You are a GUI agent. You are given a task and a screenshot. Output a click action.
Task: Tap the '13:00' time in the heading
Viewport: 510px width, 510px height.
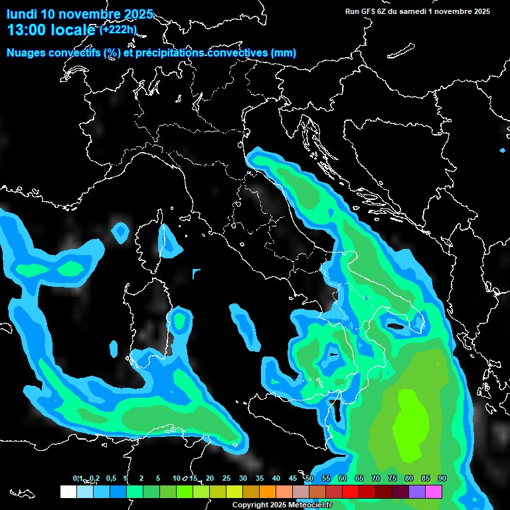point(27,30)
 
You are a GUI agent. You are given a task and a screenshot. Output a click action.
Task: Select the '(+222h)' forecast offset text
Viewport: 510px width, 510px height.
point(118,29)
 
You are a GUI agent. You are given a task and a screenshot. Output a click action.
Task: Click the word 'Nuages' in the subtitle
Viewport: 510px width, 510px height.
point(27,53)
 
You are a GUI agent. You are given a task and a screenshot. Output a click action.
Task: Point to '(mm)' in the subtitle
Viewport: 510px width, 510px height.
point(284,53)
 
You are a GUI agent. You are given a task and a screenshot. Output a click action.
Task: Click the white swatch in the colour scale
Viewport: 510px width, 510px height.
point(68,491)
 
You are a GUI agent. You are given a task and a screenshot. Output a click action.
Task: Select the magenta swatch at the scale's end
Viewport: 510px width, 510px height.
point(434,491)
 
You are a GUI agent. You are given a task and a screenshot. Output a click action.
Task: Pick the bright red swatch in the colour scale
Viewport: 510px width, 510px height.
point(351,491)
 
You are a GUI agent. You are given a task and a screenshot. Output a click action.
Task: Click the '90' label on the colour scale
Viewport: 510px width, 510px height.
point(442,479)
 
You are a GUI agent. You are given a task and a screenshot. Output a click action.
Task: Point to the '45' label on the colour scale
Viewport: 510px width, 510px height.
point(293,479)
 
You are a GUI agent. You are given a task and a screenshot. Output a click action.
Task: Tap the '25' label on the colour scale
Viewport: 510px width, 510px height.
point(226,479)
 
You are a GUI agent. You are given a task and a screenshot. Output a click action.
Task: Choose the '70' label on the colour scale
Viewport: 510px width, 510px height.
point(376,479)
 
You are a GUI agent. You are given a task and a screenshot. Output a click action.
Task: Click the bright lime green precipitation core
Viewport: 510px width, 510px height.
point(410,425)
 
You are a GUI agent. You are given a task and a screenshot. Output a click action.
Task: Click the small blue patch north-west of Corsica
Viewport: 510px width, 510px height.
point(120,232)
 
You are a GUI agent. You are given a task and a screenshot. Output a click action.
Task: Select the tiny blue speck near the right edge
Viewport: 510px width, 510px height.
point(503,151)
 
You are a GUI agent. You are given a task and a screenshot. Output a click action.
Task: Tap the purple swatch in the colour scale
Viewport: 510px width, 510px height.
point(417,491)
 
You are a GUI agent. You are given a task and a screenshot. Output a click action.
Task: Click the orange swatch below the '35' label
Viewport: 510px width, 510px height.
point(268,491)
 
